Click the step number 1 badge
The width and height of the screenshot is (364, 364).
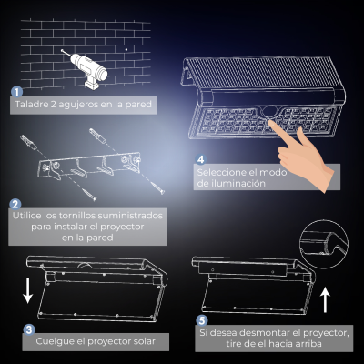pos(16,92)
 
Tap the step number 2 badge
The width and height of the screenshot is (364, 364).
pos(15,204)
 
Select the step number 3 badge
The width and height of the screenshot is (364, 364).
pos(29,329)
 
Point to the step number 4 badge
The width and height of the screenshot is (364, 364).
pos(200,159)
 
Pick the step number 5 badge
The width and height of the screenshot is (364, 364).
pos(202,320)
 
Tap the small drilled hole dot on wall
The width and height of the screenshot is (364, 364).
pos(126,49)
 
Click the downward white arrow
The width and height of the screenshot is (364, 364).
pos(28,289)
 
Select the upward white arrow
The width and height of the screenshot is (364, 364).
pos(325,300)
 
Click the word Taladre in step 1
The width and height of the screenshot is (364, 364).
pos(27,105)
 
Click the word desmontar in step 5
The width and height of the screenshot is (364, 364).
pos(265,333)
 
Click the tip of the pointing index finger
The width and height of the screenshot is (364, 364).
pos(271,123)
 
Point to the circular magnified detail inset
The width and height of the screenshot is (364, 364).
pos(324,245)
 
